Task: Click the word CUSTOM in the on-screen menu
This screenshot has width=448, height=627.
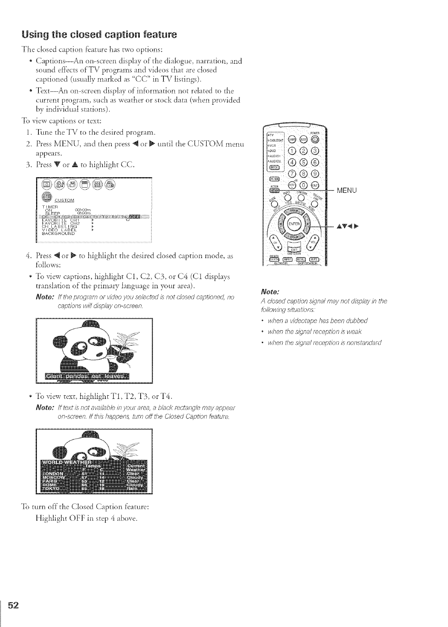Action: [x=66, y=200]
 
